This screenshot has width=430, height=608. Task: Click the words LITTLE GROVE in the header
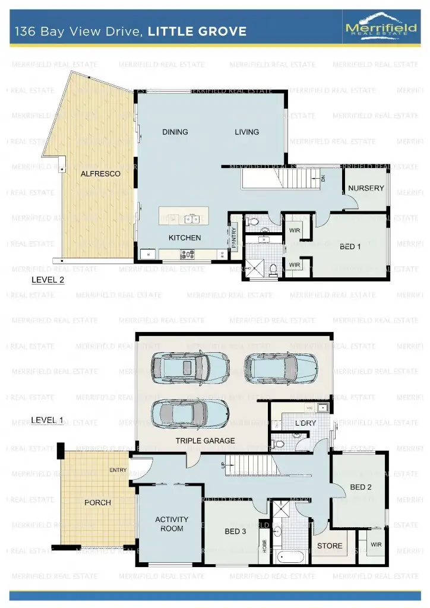(197, 31)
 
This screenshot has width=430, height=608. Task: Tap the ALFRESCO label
(101, 174)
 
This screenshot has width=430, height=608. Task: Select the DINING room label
(175, 132)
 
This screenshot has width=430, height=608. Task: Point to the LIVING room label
(246, 132)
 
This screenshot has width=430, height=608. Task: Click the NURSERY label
(366, 188)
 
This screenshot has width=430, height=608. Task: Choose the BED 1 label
(350, 246)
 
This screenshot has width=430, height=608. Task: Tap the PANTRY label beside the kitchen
(234, 237)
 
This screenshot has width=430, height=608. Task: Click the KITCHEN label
(185, 237)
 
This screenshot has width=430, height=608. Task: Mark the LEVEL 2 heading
(48, 278)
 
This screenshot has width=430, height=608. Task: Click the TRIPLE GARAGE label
(205, 441)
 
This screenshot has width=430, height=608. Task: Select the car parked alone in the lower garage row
(189, 413)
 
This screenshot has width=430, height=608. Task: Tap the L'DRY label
(305, 423)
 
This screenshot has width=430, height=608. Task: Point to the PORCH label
(97, 502)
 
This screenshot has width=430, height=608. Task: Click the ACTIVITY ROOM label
(172, 524)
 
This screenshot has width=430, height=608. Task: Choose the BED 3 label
(235, 531)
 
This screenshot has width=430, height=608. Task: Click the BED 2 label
(361, 487)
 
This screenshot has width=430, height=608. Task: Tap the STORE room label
(330, 546)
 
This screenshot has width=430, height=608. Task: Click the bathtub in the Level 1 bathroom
(291, 557)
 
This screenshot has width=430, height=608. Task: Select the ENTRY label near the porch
(118, 470)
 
